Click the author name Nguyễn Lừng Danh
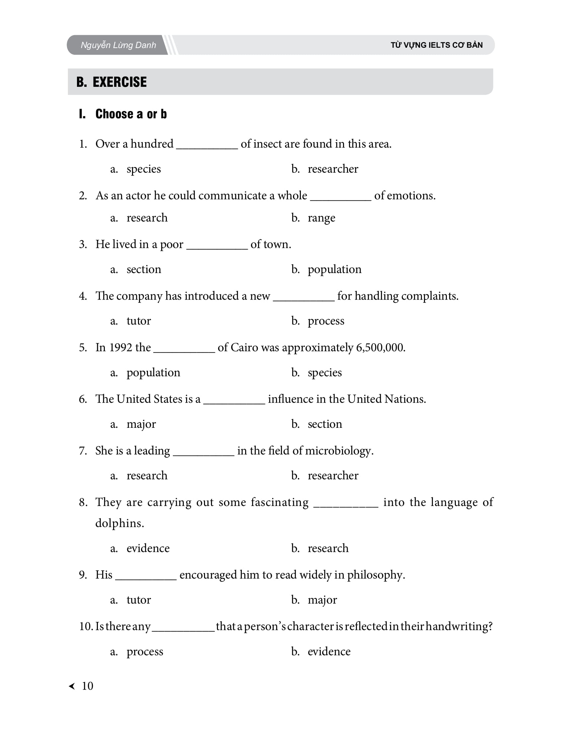(x=118, y=45)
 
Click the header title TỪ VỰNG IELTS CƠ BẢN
(x=436, y=45)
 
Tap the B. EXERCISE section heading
(x=111, y=82)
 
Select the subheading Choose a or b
(x=131, y=114)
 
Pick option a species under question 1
(x=143, y=169)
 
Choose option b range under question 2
(x=321, y=218)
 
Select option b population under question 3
(x=334, y=269)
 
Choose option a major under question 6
(x=141, y=424)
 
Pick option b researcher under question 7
(x=333, y=476)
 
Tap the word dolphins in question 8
(x=119, y=523)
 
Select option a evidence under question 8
(x=148, y=548)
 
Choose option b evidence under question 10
(x=329, y=651)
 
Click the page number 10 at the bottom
(x=87, y=686)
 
